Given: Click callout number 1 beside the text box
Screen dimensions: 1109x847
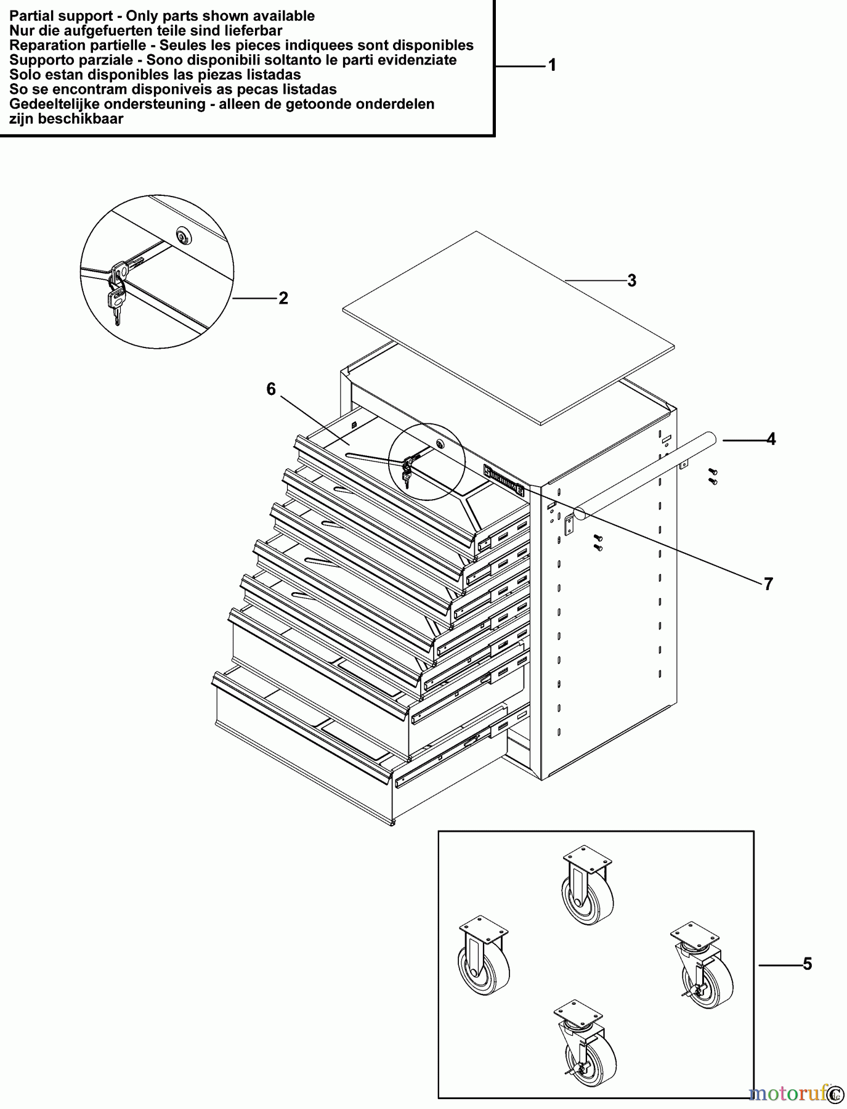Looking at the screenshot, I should [553, 65].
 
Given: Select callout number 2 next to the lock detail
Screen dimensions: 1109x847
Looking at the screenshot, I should [283, 298].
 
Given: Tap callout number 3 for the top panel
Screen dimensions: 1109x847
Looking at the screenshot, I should [631, 280].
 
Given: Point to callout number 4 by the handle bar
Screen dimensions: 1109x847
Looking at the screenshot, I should [771, 439].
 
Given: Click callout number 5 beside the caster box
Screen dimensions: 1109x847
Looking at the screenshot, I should [808, 964].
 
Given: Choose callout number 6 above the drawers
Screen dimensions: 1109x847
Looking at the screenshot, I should [271, 389].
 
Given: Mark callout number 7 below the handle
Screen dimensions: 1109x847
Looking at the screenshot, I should [768, 583].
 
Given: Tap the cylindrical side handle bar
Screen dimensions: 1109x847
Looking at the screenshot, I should [647, 474].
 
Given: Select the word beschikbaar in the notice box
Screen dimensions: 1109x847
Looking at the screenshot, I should [81, 119].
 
